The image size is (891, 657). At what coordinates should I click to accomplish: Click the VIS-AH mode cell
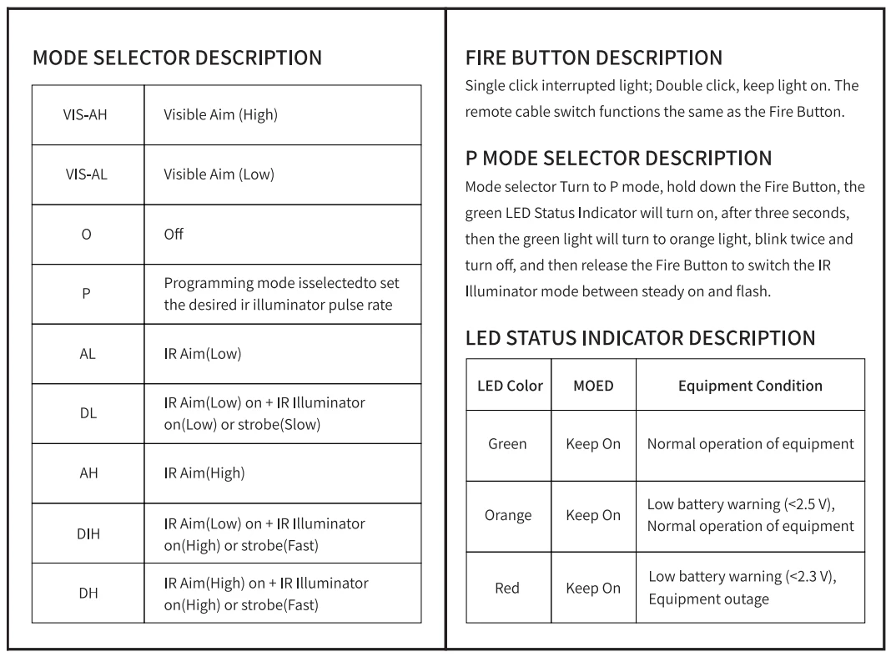pos(85,115)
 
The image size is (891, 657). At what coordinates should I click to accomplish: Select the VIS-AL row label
pos(85,174)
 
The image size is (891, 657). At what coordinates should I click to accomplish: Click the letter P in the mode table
pos(86,295)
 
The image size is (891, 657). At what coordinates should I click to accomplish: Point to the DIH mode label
pos(88,533)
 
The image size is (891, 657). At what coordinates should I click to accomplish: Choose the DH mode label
pos(88,593)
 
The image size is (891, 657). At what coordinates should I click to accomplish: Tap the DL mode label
pos(88,413)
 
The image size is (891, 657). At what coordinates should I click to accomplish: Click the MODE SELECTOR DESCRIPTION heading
pos(177,58)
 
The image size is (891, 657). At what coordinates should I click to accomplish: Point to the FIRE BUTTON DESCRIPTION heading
pos(594,58)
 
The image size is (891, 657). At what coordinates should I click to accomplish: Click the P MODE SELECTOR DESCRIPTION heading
pos(618,159)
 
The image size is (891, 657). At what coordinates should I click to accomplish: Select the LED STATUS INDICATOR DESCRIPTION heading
pos(640,339)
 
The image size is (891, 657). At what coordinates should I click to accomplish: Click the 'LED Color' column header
pos(510,386)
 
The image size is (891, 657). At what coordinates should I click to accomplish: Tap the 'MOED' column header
pos(593,386)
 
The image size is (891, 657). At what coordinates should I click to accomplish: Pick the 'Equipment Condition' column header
pos(750,386)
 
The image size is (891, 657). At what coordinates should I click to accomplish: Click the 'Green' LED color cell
pos(507,444)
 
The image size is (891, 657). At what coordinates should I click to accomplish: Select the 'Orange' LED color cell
pos(507,515)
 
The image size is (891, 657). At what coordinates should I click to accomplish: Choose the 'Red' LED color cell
pos(507,588)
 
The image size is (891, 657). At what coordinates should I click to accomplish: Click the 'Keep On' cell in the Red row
pos(593,588)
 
